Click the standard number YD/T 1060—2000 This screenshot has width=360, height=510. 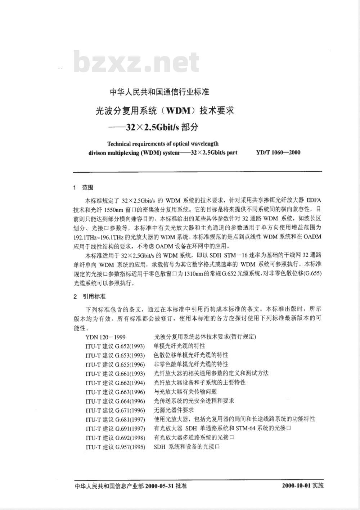tap(278, 152)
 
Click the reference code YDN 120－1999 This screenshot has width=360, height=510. tap(105, 337)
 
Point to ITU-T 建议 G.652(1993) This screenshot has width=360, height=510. tap(115, 346)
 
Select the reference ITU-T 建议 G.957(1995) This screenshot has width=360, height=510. tap(115, 447)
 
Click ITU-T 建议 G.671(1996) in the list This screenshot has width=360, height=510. tap(115, 410)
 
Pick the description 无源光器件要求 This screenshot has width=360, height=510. tap(174, 410)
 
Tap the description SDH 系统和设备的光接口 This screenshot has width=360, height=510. tap(187, 447)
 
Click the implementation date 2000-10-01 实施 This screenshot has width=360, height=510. tap(303, 486)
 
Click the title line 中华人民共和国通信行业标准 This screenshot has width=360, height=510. tap(159, 92)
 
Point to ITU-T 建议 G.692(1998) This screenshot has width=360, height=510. tap(115, 438)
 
